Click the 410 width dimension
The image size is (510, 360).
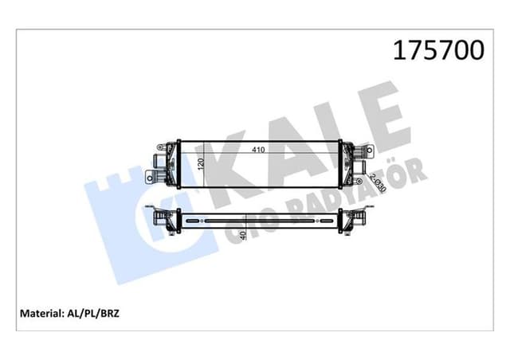[x=259, y=149]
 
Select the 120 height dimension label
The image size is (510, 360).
[x=202, y=164]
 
